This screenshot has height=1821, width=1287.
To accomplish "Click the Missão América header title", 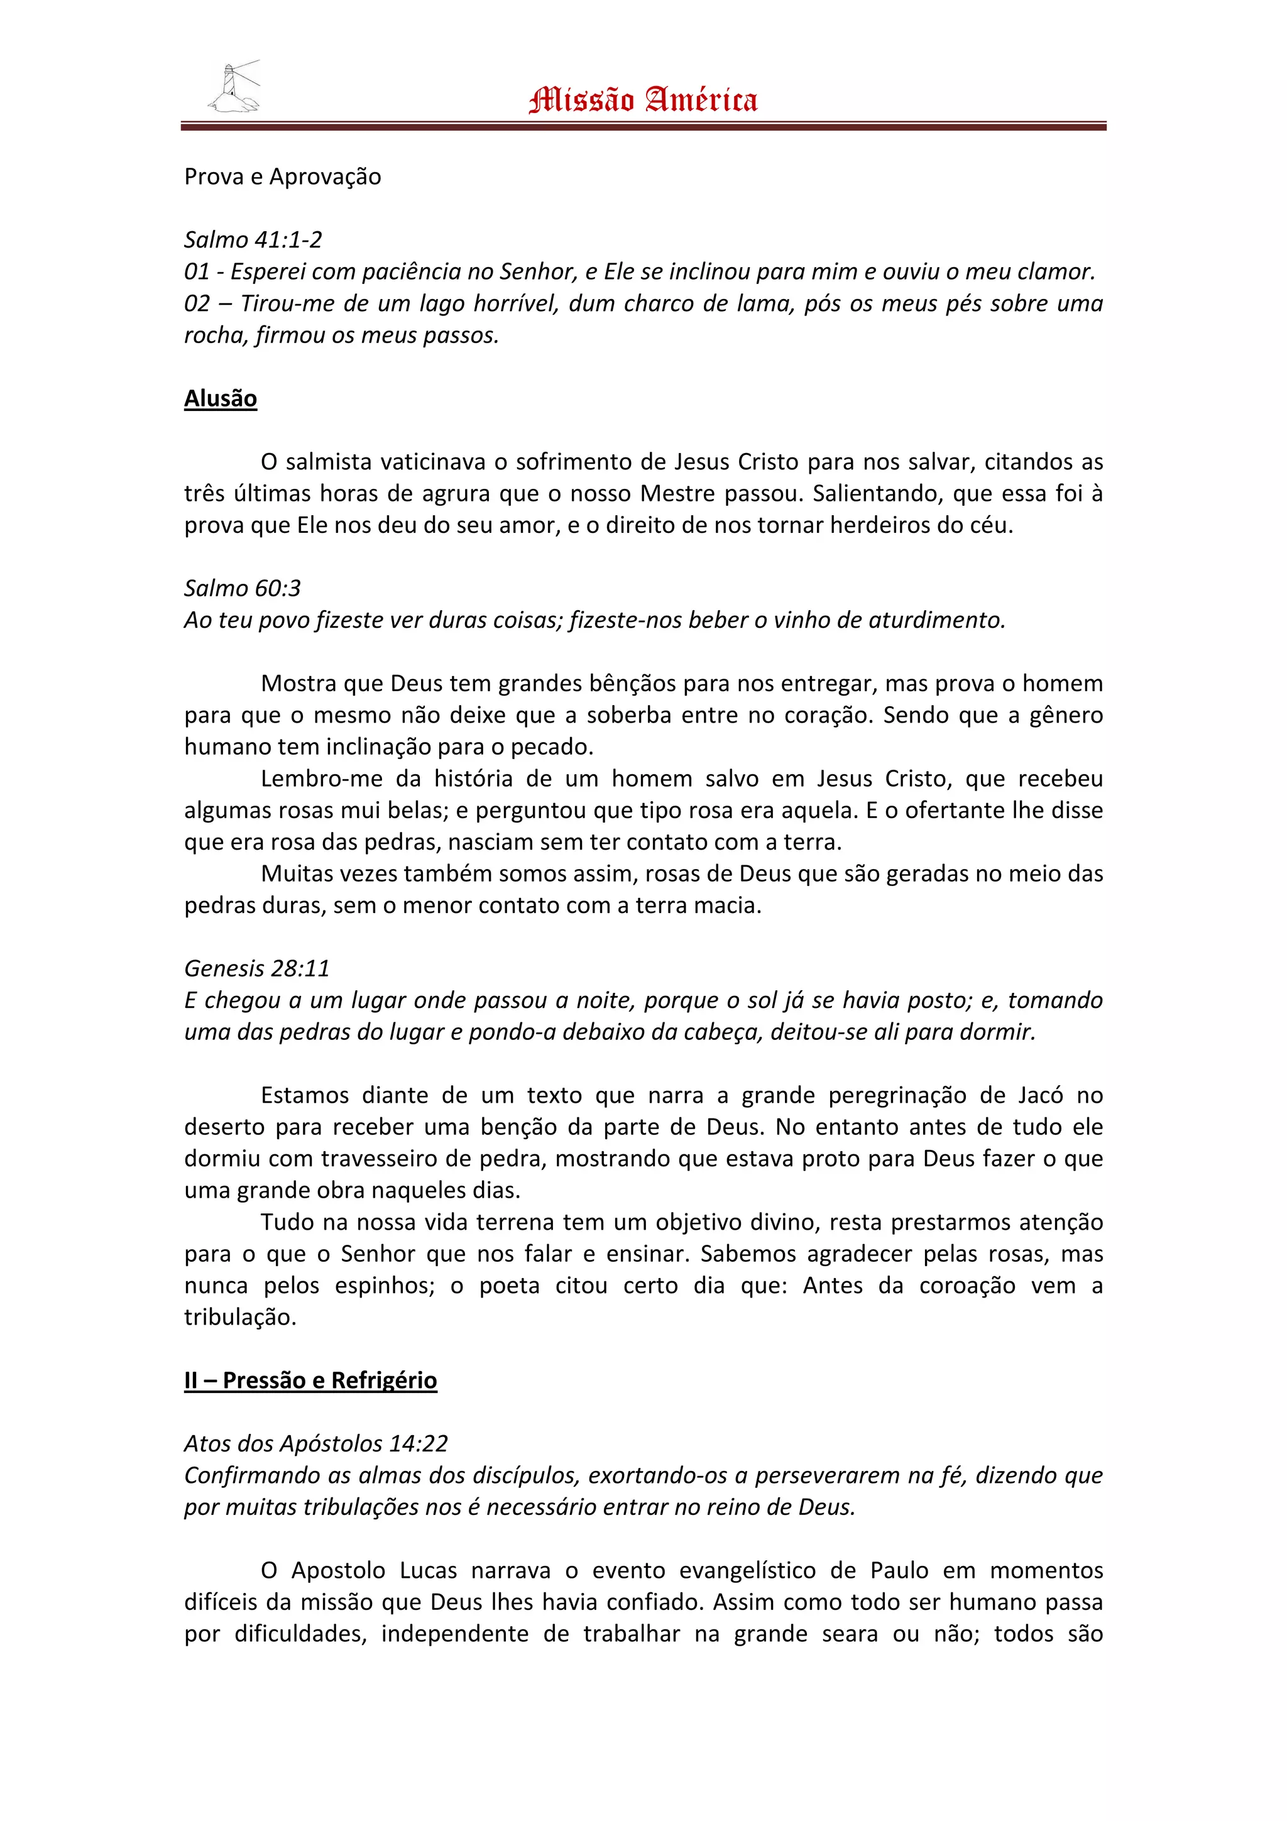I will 643,101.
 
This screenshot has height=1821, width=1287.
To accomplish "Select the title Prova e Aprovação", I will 282,176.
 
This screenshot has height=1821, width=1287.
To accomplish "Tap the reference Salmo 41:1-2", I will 253,239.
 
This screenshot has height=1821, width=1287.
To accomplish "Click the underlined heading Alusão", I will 221,398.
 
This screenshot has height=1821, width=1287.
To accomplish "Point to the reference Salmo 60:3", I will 243,588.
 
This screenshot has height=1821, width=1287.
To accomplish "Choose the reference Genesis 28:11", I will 257,968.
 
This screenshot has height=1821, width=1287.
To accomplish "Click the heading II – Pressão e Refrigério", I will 310,1380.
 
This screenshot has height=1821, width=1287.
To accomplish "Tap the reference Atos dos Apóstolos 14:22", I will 316,1443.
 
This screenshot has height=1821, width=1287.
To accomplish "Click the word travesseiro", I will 379,1158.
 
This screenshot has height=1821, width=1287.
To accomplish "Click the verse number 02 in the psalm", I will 197,303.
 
